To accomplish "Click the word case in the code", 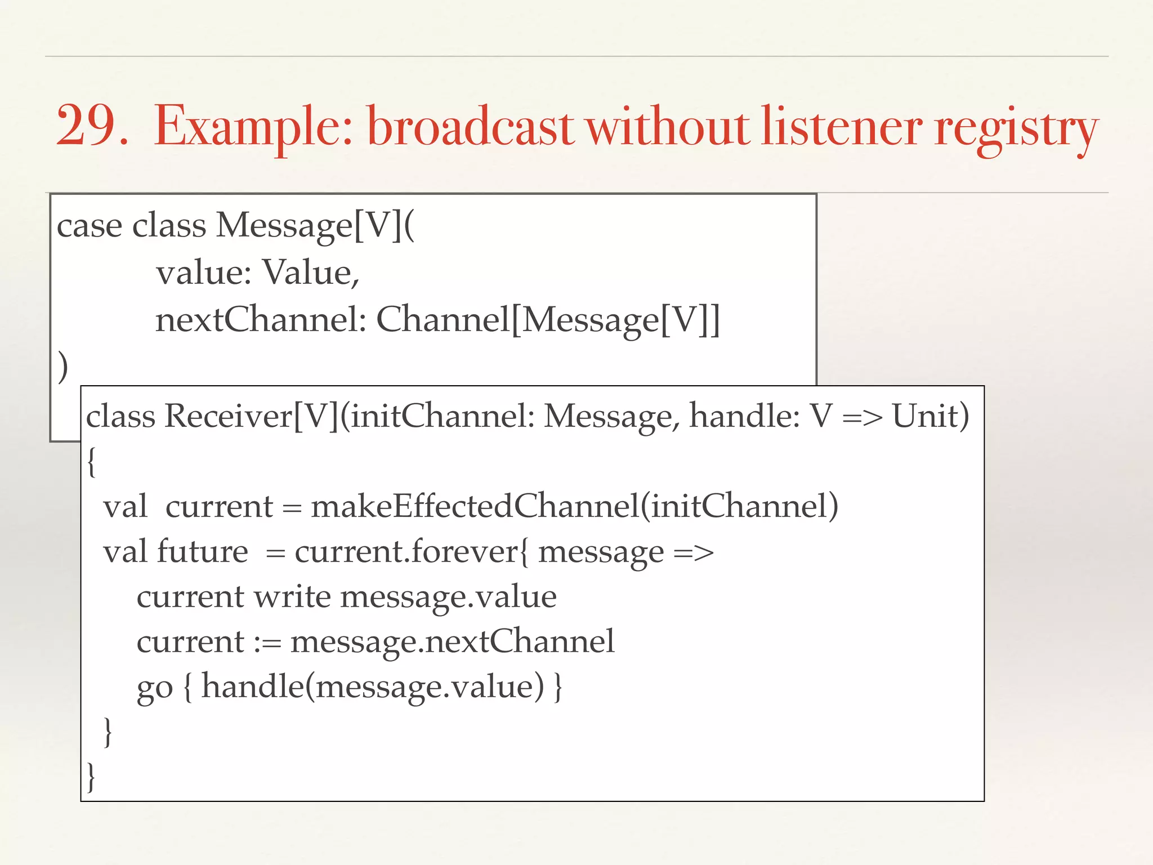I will (90, 226).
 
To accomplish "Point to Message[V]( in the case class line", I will (315, 226).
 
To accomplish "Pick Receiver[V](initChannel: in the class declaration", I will (350, 417).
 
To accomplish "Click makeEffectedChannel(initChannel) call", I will (574, 506).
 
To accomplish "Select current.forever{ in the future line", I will (412, 551).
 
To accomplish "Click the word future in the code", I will (202, 551).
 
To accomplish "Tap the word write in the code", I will (292, 597).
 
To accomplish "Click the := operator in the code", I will (267, 642).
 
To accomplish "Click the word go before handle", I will (154, 688).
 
